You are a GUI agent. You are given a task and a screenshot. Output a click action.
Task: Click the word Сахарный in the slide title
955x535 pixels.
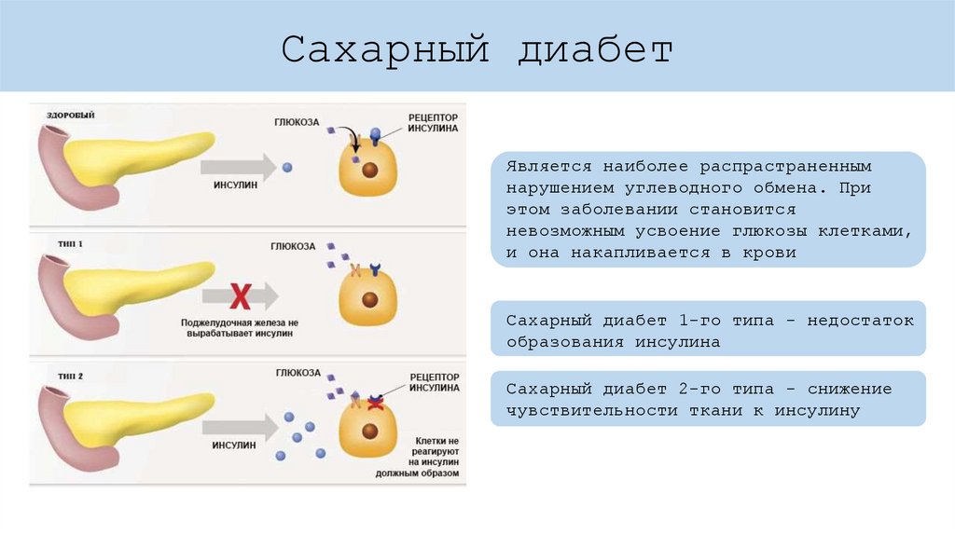tap(385, 50)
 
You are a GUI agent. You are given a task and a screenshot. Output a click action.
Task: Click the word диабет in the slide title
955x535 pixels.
tap(596, 50)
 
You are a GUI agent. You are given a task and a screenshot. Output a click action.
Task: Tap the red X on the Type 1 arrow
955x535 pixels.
tap(241, 296)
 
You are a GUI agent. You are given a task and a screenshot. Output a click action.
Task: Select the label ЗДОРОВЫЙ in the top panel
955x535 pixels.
tap(71, 115)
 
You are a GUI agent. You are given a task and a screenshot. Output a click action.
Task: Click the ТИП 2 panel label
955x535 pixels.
tap(71, 376)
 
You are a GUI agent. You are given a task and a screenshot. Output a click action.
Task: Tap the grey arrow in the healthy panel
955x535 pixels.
tap(239, 168)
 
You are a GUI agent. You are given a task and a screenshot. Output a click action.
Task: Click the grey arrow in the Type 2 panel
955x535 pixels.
tap(239, 427)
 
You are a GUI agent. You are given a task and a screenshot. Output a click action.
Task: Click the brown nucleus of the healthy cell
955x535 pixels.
tap(369, 171)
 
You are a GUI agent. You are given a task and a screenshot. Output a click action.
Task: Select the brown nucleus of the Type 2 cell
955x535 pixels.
tap(370, 431)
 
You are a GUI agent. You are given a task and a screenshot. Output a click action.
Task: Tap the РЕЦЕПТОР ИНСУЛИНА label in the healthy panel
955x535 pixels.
tap(433, 123)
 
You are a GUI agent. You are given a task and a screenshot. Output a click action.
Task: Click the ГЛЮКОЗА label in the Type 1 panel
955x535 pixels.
tap(293, 246)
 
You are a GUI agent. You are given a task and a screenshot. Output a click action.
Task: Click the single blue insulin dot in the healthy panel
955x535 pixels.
tap(286, 168)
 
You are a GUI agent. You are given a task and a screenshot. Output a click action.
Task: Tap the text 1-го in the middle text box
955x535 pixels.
tap(699, 321)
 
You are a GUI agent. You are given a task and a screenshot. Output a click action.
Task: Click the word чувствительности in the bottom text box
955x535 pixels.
tap(592, 410)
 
